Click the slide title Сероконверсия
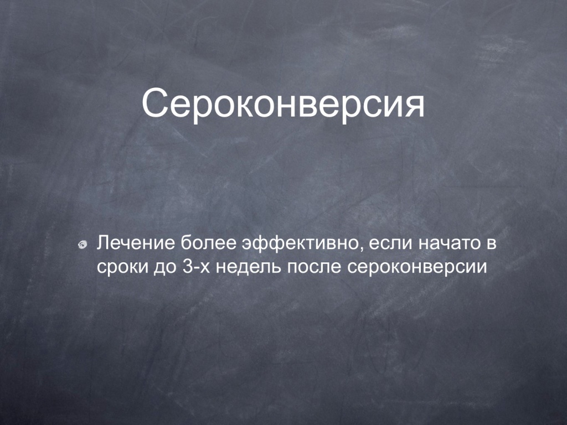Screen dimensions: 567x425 283,103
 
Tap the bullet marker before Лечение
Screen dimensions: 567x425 83,245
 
